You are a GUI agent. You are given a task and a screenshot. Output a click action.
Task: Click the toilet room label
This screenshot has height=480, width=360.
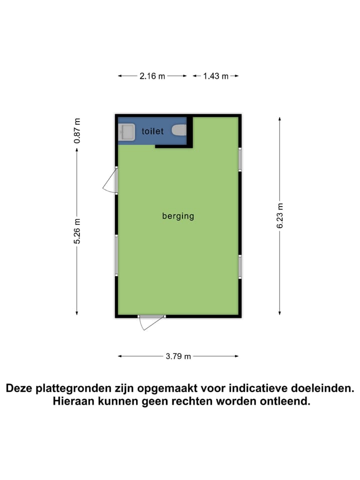coord(152,131)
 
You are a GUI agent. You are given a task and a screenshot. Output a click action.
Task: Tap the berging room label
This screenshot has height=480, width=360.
coord(178,216)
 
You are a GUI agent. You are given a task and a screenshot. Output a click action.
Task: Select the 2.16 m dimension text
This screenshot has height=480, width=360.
coord(152,76)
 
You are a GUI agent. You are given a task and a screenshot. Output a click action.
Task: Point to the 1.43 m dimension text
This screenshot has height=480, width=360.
coord(215,76)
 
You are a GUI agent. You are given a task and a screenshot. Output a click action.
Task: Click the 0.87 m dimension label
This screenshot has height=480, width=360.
coord(77,131)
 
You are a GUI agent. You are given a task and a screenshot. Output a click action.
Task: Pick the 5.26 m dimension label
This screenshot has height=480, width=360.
coord(77,231)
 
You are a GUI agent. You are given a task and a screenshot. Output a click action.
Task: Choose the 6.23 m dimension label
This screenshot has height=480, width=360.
coord(280,215)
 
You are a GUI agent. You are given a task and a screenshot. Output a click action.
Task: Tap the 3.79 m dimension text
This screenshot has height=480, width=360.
coord(178,356)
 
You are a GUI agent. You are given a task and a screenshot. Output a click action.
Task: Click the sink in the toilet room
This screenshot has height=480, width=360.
coord(127,132)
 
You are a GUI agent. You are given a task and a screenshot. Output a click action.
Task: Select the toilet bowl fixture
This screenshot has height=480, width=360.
coord(179,130)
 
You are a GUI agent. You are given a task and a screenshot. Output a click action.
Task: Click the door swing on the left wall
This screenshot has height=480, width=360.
coord(110,181)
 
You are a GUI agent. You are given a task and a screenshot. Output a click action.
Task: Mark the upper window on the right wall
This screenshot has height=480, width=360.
coord(240,159)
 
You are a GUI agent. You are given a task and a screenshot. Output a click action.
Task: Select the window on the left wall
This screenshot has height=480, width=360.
coord(116,255)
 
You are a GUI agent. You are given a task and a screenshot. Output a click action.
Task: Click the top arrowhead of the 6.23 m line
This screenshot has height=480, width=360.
coord(280,119)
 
